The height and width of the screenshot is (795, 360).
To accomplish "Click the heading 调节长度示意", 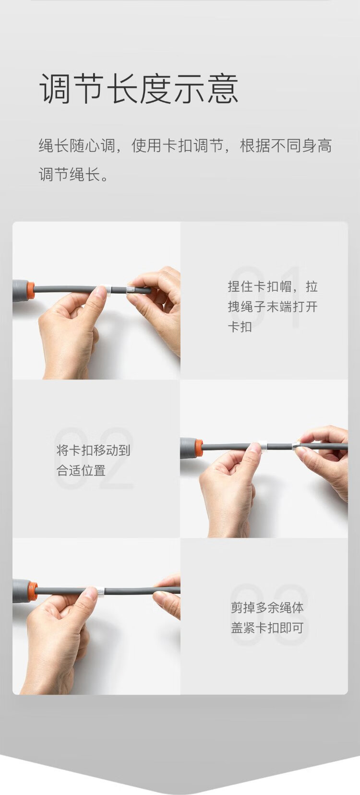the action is click(138, 88).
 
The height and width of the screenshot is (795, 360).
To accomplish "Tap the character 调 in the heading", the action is click(54, 88).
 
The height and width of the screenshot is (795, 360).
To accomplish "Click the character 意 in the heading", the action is click(223, 88).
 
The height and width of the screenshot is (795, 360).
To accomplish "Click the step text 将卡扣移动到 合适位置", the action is click(94, 460).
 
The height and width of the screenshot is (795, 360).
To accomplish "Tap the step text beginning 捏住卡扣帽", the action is click(273, 306).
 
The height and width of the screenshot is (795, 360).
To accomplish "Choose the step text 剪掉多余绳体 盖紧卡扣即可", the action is click(267, 617).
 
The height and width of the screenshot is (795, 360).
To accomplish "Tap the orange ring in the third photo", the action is click(33, 591).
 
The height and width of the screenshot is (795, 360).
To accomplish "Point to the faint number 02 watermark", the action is click(94, 459).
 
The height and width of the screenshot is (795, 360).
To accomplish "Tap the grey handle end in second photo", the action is click(188, 447).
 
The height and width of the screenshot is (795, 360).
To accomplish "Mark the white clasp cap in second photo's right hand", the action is click(296, 445).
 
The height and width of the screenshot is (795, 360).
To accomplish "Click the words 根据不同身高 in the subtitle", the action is click(286, 146).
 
